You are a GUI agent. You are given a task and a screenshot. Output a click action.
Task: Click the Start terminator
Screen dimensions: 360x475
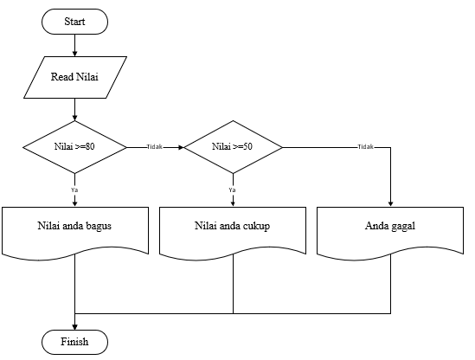[74, 21]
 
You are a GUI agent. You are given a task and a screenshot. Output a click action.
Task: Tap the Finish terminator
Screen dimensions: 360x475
[75, 342]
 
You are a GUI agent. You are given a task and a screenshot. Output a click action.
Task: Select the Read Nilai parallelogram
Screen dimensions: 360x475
[75, 76]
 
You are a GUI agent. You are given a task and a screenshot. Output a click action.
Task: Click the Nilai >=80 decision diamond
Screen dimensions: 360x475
[74, 147]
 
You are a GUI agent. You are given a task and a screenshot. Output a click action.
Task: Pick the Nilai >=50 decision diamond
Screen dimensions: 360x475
[233, 147]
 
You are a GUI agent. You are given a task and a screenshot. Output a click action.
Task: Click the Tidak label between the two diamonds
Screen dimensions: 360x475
[156, 147]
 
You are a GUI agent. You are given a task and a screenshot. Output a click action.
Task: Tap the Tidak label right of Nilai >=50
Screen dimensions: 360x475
[365, 147]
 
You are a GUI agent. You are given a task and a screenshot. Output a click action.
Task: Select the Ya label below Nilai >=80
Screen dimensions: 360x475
[74, 188]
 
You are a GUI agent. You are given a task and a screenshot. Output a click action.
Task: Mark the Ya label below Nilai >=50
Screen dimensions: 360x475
[232, 188]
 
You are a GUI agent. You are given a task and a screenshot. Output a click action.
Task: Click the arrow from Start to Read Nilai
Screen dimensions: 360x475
[75, 44]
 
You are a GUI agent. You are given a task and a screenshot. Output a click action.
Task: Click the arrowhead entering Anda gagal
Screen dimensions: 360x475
[391, 203]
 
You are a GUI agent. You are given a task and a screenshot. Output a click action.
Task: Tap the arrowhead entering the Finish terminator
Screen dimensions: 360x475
[75, 325]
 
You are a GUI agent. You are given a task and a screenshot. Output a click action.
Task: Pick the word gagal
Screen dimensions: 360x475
[403, 226]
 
